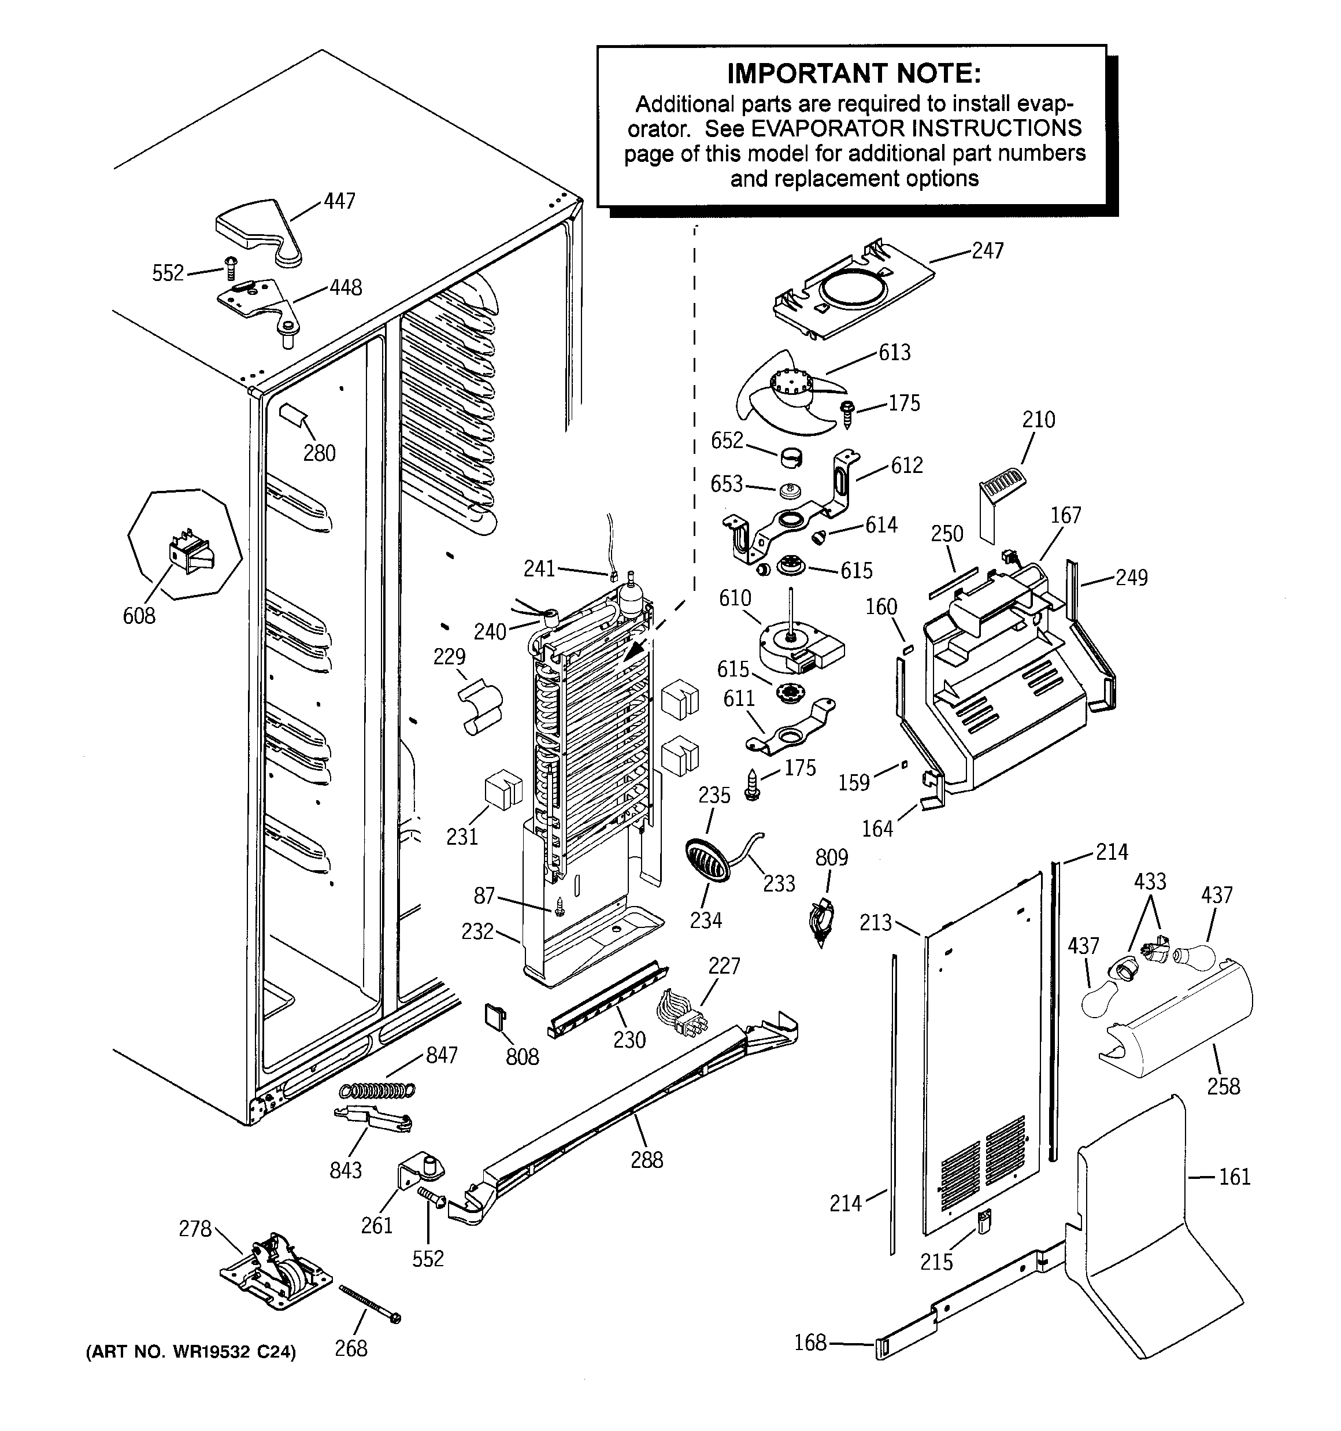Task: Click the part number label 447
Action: point(339,201)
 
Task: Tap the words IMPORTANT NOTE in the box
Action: point(854,73)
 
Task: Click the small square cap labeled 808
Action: point(495,1016)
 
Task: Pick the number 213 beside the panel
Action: point(875,923)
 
